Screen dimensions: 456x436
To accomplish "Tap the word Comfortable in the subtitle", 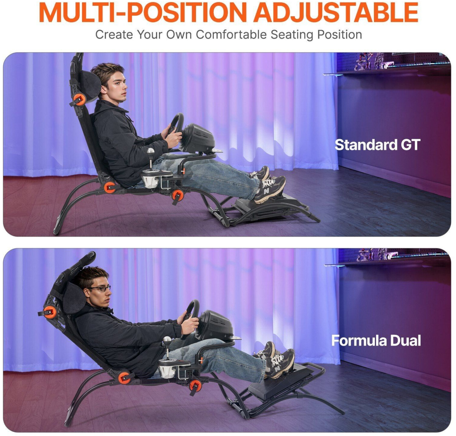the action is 231,35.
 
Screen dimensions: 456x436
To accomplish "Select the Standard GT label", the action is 377,145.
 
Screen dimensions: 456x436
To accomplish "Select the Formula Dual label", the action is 376,340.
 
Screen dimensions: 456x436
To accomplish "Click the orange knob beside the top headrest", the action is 80,100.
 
